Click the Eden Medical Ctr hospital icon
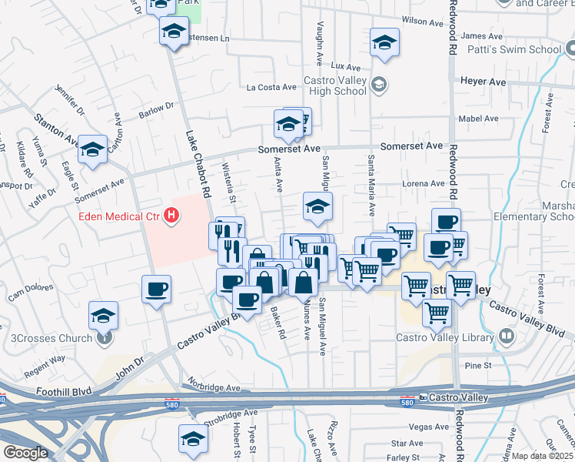click(x=172, y=217)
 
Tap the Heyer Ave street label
click(x=483, y=81)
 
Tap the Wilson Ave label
click(x=418, y=22)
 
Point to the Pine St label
click(x=477, y=364)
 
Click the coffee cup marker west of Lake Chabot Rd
click(x=156, y=290)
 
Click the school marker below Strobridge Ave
click(x=193, y=439)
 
